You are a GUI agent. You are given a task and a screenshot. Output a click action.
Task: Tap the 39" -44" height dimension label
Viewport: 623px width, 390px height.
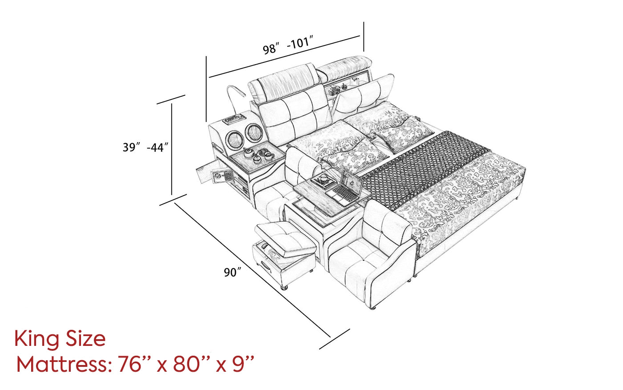(146, 147)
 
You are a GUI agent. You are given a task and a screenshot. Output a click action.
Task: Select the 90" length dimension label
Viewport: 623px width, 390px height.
(232, 272)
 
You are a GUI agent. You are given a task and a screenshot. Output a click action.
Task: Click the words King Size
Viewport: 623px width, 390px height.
(60, 339)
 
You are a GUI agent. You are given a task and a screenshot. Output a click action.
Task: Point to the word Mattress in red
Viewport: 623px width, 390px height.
(62, 365)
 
